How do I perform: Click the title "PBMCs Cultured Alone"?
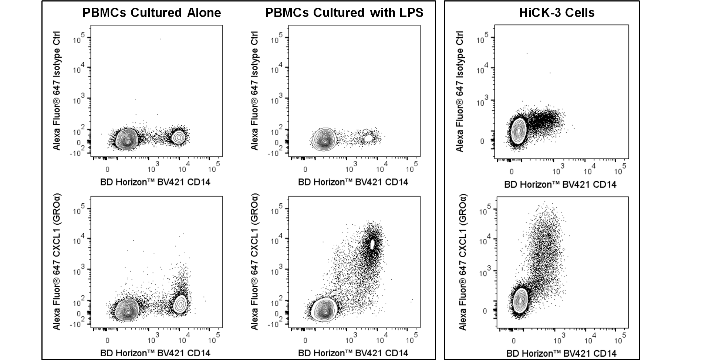152,13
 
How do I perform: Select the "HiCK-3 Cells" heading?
557,13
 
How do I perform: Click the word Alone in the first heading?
204,13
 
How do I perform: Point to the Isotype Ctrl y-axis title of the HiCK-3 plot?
460,91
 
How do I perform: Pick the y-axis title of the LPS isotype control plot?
254,91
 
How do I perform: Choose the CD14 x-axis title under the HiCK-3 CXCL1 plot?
561,353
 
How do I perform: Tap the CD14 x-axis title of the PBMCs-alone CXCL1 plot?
155,353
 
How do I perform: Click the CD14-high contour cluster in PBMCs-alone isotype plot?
179,137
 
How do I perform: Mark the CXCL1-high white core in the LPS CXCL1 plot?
372,244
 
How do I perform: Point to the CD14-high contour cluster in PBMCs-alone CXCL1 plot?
180,304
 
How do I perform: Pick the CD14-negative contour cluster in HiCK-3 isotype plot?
519,130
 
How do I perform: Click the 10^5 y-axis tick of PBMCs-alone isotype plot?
79,38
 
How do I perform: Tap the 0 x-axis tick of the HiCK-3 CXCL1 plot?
513,341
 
